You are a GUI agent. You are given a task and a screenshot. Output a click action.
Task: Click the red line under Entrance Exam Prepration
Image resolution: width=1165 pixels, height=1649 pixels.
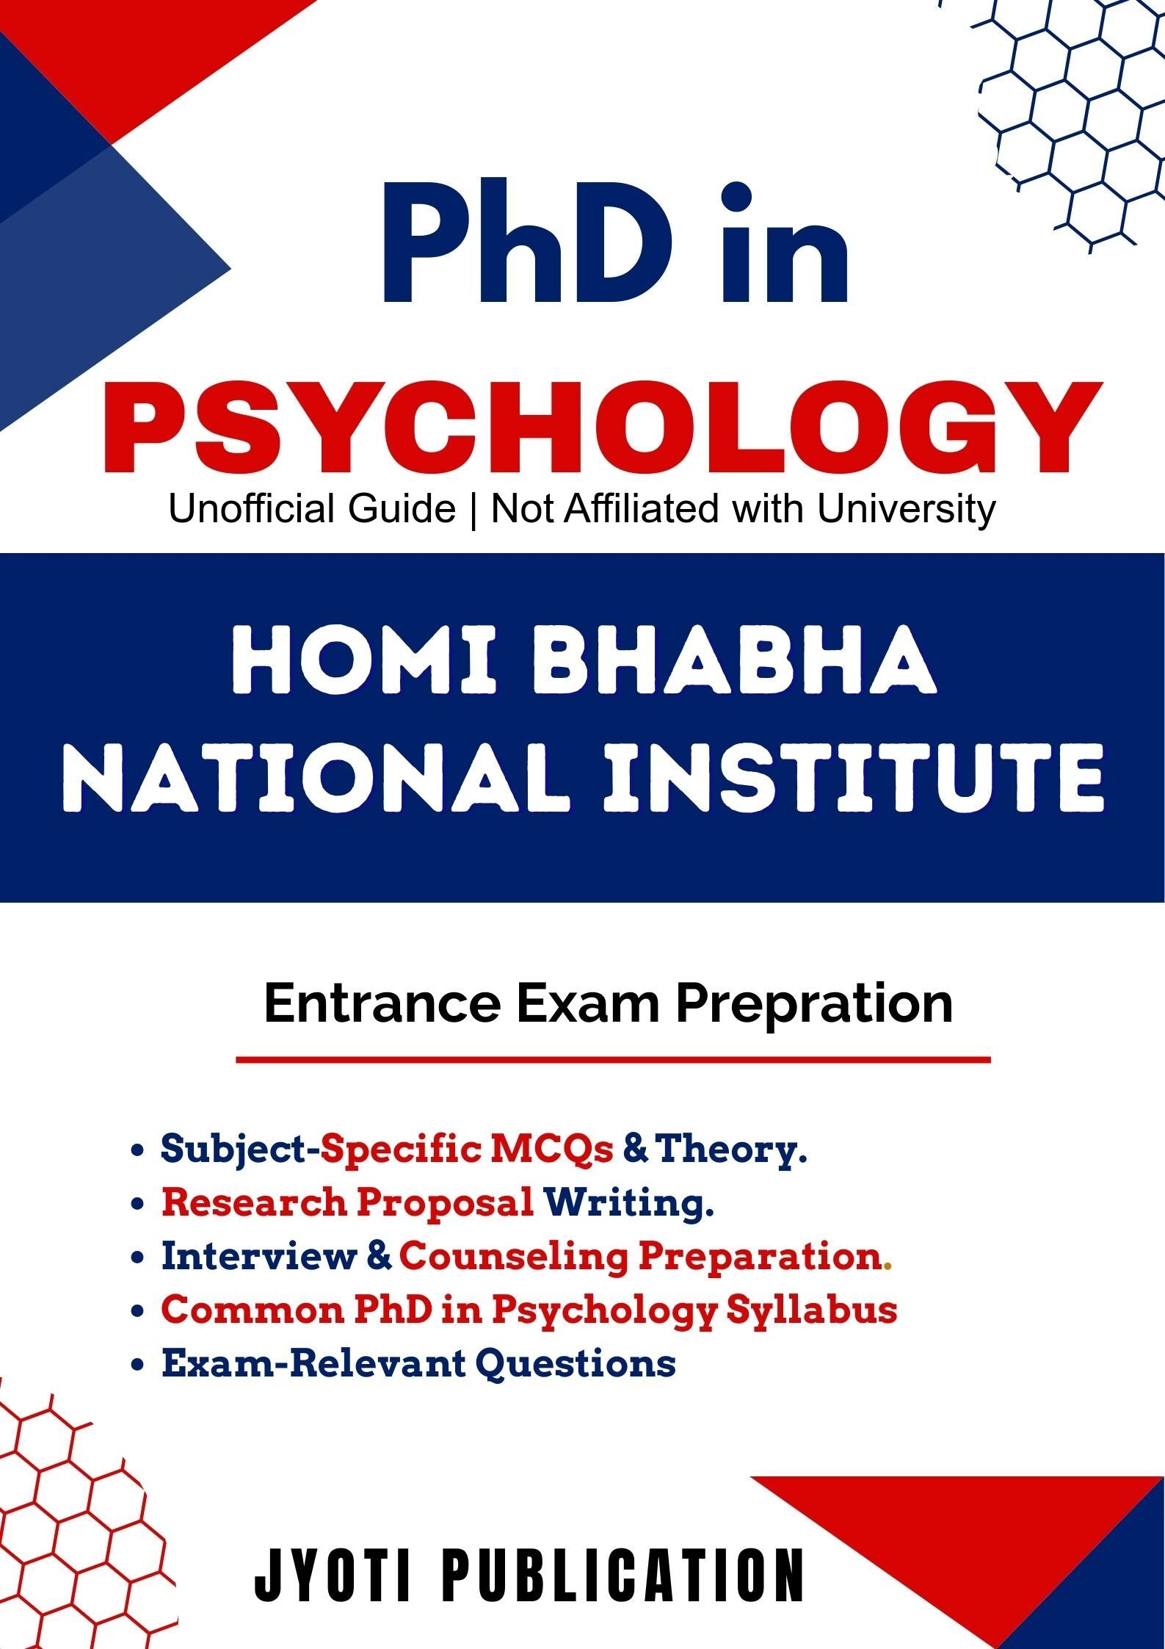[613, 1060]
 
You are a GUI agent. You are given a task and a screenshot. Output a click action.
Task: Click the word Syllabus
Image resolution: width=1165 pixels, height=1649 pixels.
[812, 1311]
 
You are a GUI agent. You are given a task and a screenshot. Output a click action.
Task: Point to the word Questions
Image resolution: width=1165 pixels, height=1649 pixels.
[576, 1365]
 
